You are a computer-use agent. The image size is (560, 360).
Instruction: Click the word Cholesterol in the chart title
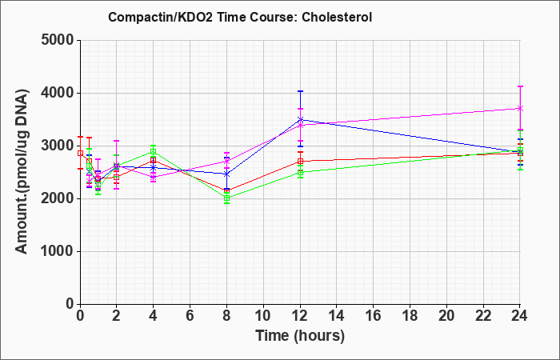pyautogui.click(x=337, y=17)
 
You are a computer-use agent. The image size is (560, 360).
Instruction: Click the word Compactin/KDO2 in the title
pyautogui.click(x=160, y=17)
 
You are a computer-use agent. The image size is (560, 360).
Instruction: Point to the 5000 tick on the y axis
pyautogui.click(x=58, y=40)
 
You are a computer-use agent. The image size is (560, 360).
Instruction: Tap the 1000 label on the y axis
pyautogui.click(x=58, y=251)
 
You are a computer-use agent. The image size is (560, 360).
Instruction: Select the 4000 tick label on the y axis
pyautogui.click(x=58, y=93)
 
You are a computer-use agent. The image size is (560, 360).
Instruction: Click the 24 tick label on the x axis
pyautogui.click(x=519, y=315)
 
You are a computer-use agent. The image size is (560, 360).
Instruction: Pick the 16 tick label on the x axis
pyautogui.click(x=373, y=315)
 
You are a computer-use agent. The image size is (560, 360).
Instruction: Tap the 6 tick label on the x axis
pyautogui.click(x=190, y=315)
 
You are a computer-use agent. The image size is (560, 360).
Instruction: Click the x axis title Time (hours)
pyautogui.click(x=300, y=336)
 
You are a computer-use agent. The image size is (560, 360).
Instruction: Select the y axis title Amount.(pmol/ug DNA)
pyautogui.click(x=22, y=172)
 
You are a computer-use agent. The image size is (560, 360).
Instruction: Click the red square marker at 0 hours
pyautogui.click(x=80, y=154)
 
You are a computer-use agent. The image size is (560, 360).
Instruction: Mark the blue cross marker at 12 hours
pyautogui.click(x=300, y=120)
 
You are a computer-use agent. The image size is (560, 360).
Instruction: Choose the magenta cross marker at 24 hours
pyautogui.click(x=520, y=108)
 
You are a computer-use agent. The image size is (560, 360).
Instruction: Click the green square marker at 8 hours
pyautogui.click(x=226, y=198)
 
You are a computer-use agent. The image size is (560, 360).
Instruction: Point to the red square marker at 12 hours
pyautogui.click(x=300, y=162)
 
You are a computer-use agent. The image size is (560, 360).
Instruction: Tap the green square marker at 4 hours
pyautogui.click(x=154, y=151)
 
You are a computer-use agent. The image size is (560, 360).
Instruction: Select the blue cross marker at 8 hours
pyautogui.click(x=226, y=174)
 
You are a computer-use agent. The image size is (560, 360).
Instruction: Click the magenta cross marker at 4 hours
pyautogui.click(x=154, y=177)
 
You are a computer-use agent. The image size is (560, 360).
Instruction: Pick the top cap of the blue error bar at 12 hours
pyautogui.click(x=300, y=91)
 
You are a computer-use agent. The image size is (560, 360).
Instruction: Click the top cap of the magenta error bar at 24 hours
pyautogui.click(x=520, y=86)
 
